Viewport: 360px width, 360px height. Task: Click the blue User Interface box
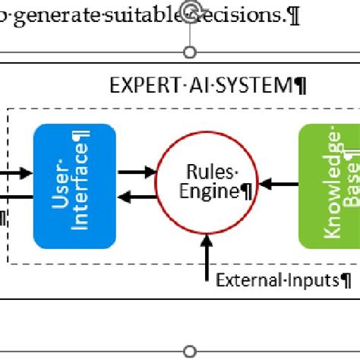(74, 186)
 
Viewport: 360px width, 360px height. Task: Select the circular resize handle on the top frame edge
(191, 52)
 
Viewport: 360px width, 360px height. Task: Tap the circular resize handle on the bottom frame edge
(191, 352)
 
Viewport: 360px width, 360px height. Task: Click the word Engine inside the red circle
(209, 191)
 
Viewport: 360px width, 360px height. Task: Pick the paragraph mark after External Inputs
(346, 280)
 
